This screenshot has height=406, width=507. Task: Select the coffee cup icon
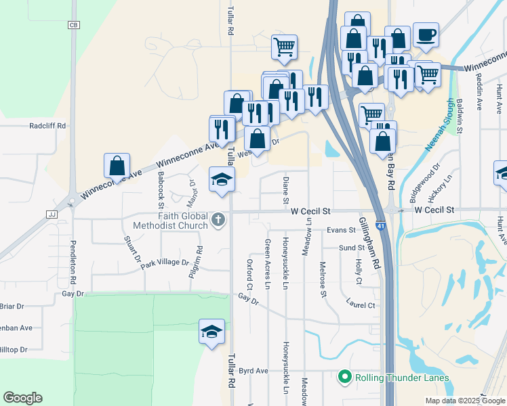click(x=426, y=35)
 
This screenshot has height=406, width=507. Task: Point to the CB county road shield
click(x=74, y=25)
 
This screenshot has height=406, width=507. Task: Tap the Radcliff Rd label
click(x=47, y=126)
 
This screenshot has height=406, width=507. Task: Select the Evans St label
click(x=340, y=231)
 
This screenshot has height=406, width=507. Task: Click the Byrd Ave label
click(x=254, y=371)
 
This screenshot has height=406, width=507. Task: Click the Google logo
click(x=22, y=398)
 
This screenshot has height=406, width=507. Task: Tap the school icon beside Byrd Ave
click(x=211, y=332)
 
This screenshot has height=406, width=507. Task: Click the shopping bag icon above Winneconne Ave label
click(x=117, y=166)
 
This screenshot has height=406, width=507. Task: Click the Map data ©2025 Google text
click(x=465, y=401)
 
